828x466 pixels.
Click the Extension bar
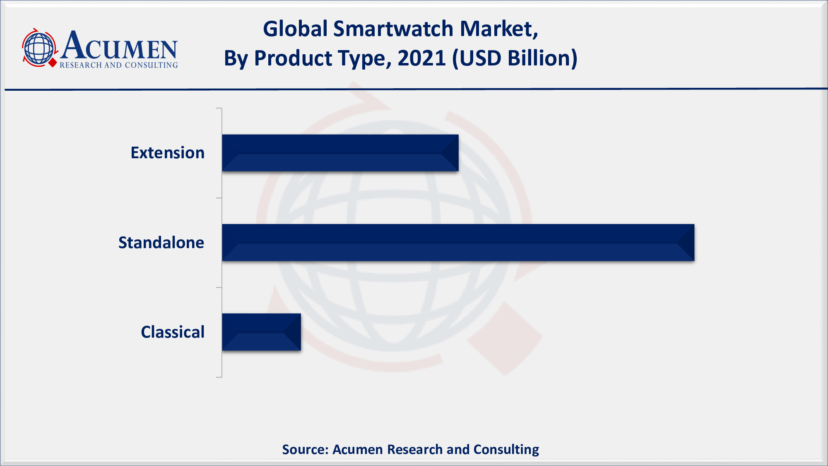[340, 153]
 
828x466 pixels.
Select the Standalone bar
[458, 243]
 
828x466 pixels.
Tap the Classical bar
[261, 332]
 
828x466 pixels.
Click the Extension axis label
[168, 153]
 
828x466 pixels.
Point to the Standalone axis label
[161, 243]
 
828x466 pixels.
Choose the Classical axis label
[173, 332]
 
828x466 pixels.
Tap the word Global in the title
[295, 29]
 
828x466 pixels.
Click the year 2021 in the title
[421, 58]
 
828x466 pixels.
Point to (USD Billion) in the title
[515, 58]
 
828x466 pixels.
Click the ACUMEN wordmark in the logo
[119, 46]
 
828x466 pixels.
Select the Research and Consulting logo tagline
[119, 65]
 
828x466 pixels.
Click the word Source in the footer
[305, 449]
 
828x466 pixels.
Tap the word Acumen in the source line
[358, 449]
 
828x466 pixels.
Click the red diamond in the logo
[53, 63]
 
